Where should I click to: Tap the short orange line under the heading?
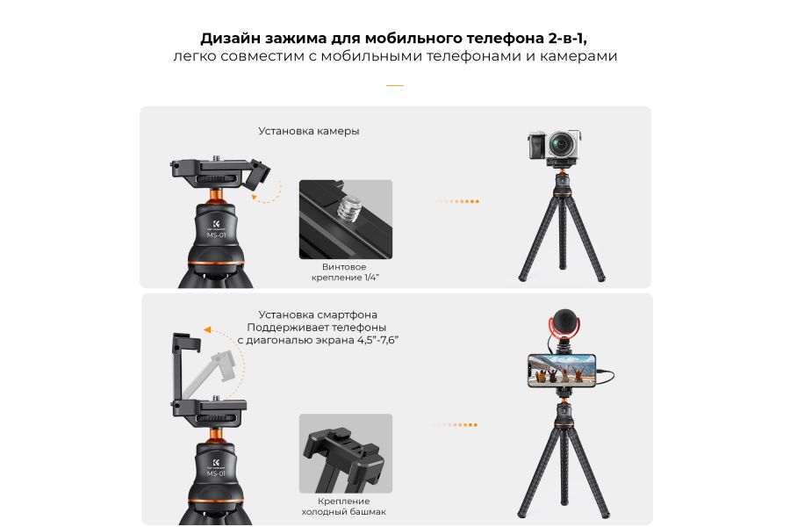click(x=395, y=86)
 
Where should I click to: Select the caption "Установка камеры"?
click(x=309, y=131)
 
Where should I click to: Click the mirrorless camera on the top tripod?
click(x=556, y=146)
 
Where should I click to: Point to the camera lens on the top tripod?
click(x=563, y=143)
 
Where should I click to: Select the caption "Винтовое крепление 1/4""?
click(x=345, y=271)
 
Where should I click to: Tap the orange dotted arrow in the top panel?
click(x=457, y=201)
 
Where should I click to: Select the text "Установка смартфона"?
click(x=319, y=314)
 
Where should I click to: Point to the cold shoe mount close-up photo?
click(x=345, y=454)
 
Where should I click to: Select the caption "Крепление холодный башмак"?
click(x=344, y=505)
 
